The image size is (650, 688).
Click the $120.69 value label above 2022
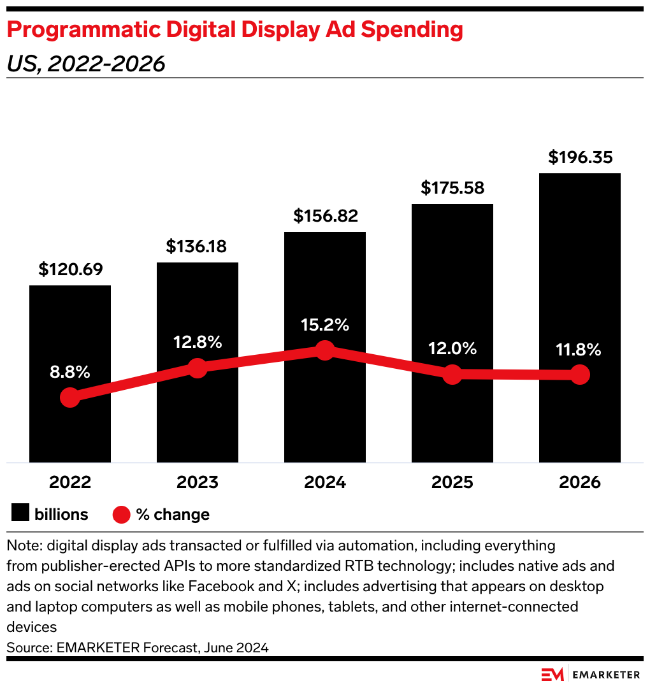(70, 269)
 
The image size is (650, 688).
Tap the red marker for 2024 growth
(325, 350)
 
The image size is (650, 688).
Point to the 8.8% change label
(70, 373)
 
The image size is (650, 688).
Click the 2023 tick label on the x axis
(198, 482)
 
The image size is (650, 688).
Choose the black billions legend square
(20, 514)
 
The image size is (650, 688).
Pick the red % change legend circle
(122, 514)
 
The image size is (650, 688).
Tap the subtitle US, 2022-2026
(86, 64)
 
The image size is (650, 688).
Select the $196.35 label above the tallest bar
(580, 157)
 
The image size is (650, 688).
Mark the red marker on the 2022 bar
(70, 398)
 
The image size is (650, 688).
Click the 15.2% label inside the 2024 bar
(325, 325)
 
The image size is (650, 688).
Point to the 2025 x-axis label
(452, 482)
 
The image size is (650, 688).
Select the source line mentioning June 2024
(138, 648)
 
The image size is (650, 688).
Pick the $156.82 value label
(325, 216)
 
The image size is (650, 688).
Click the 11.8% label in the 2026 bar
(580, 349)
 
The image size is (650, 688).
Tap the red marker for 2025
(452, 375)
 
